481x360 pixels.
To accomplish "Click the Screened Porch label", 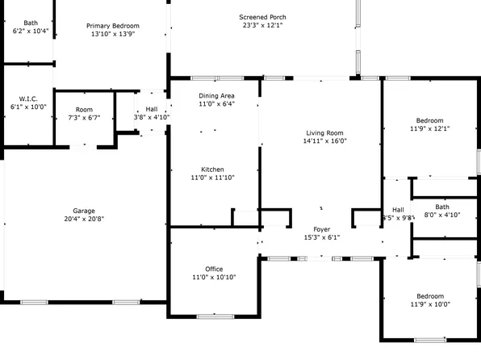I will (262, 17).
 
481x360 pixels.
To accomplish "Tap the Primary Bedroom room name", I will (112, 26).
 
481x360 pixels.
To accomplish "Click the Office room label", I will (214, 269).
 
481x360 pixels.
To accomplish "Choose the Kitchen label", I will (212, 170).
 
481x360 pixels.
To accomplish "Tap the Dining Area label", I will (216, 95).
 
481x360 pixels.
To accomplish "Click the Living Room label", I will (324, 132).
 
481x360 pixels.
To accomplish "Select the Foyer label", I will (321, 229).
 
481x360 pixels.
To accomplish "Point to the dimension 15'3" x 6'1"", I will (321, 237).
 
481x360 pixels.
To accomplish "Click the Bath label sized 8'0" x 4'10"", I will (441, 207).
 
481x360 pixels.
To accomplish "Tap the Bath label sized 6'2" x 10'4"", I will (31, 23).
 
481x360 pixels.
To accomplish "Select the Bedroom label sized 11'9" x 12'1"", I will (429, 120).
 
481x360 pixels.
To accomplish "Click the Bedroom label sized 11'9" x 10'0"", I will (429, 296).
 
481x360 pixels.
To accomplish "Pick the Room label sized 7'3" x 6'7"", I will (84, 110).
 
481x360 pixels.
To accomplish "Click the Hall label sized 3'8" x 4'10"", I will (152, 109).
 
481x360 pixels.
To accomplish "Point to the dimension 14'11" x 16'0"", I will (324, 140).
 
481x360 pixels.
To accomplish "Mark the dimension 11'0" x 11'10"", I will (212, 178).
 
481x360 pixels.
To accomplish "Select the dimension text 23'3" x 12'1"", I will (262, 25).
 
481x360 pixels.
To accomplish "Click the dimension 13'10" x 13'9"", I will (112, 34).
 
